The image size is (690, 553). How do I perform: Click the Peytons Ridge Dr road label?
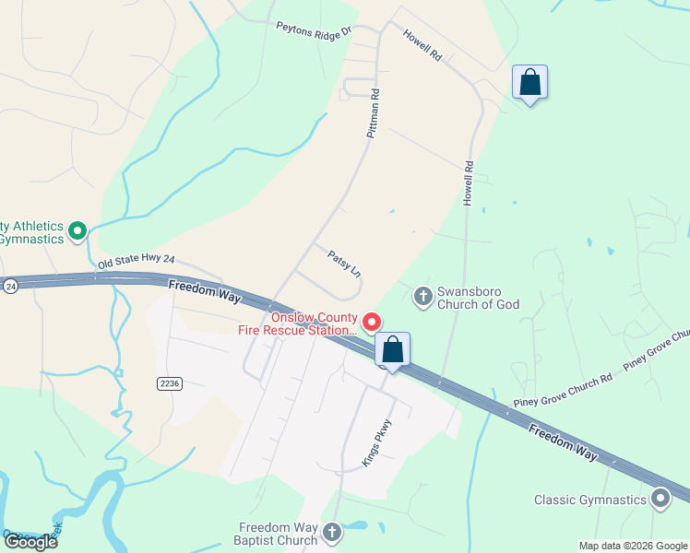tap(315, 29)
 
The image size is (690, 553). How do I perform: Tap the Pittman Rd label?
tap(374, 113)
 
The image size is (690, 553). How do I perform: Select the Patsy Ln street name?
tap(344, 263)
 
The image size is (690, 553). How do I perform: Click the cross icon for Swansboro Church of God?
tap(422, 296)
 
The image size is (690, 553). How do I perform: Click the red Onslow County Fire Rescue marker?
tap(372, 322)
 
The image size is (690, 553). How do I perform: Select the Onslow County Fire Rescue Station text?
tap(313, 323)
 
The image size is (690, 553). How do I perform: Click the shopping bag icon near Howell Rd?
tap(529, 82)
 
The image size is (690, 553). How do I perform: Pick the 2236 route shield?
tap(168, 383)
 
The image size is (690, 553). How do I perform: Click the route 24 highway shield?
tap(9, 287)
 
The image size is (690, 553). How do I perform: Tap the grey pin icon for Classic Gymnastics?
tap(660, 500)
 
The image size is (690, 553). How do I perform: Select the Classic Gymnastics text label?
tap(591, 500)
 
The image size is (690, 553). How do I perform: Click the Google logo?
tap(30, 542)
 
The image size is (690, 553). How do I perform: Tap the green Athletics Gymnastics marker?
tap(78, 231)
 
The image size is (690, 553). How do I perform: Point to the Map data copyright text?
tap(634, 546)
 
